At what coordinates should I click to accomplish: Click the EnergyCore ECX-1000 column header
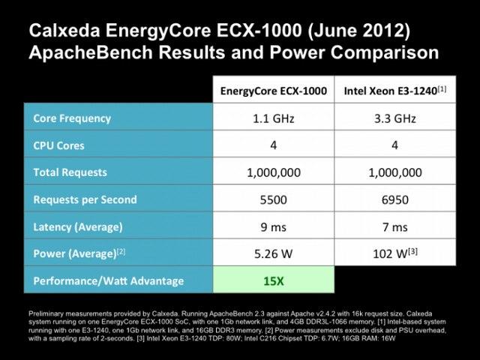273,91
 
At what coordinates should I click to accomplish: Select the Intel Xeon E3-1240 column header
395,91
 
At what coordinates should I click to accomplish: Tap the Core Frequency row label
72,118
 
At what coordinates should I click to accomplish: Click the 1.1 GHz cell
273,118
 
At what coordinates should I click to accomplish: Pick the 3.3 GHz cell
395,118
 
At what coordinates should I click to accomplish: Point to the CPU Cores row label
58,145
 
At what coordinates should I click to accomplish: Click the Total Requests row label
70,172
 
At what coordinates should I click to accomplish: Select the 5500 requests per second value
273,200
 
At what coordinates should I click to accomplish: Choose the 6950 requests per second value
395,200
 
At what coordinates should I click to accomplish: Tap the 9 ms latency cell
273,227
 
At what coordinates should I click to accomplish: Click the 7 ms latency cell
395,227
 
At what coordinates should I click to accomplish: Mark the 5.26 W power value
273,253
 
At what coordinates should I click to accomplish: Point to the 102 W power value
395,253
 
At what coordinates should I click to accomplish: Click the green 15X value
273,281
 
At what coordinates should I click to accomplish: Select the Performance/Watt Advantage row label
108,281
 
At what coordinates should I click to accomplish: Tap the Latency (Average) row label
78,227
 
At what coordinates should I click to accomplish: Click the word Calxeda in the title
64,31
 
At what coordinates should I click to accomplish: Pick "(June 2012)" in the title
358,31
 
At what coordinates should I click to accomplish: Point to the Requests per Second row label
85,200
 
